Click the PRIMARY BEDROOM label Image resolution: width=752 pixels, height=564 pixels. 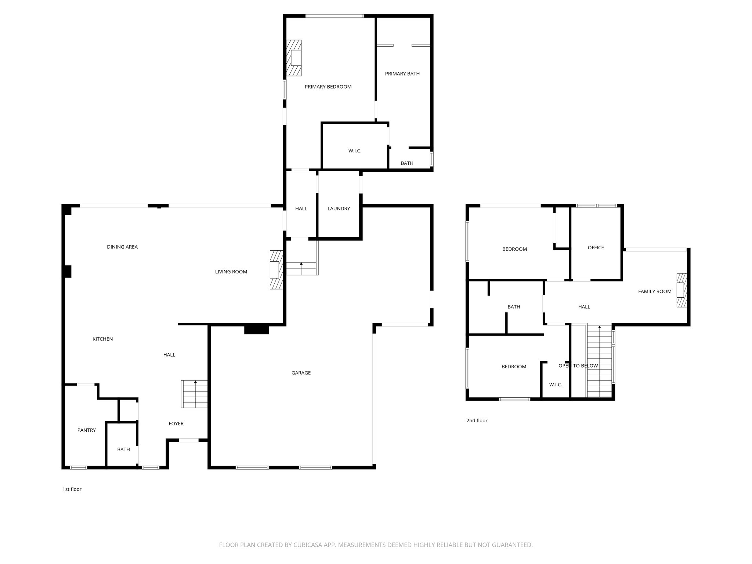pyautogui.click(x=328, y=87)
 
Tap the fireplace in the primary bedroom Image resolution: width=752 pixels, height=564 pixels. pyautogui.click(x=294, y=58)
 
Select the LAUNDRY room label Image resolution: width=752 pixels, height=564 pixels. pyautogui.click(x=339, y=209)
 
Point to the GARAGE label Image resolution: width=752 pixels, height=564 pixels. pyautogui.click(x=301, y=373)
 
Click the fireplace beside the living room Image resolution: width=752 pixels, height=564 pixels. pyautogui.click(x=276, y=270)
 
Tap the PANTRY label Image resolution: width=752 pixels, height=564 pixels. pyautogui.click(x=87, y=430)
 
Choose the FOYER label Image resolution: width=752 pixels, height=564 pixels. pyautogui.click(x=176, y=423)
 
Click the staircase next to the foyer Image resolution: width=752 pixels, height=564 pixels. pyautogui.click(x=195, y=394)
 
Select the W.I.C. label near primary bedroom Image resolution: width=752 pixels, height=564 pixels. pyautogui.click(x=355, y=151)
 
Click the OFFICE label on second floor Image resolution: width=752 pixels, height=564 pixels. pyautogui.click(x=596, y=247)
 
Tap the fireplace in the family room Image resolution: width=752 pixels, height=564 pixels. pyautogui.click(x=682, y=290)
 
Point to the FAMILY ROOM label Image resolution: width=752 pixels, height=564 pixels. pyautogui.click(x=655, y=292)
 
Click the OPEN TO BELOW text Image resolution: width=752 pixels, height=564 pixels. pyautogui.click(x=578, y=366)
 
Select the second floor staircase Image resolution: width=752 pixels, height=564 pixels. pyautogui.click(x=599, y=362)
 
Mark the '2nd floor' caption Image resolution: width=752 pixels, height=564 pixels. pyautogui.click(x=477, y=420)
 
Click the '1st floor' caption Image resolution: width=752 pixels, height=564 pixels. pyautogui.click(x=72, y=489)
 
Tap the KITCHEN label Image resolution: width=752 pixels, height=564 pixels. pyautogui.click(x=102, y=339)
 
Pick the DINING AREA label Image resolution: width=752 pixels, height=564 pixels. pyautogui.click(x=122, y=247)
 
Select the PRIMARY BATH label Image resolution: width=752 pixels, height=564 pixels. pyautogui.click(x=402, y=74)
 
